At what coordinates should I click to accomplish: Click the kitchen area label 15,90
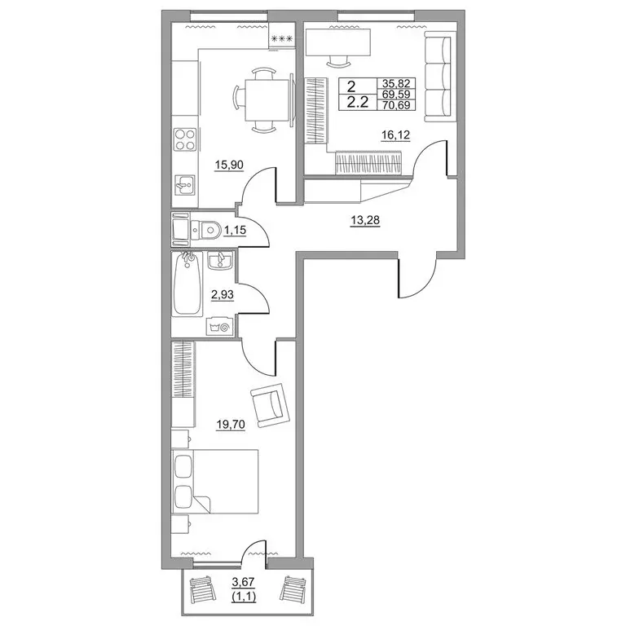click(x=229, y=165)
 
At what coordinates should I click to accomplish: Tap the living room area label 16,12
click(x=395, y=135)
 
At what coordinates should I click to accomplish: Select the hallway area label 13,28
click(x=365, y=220)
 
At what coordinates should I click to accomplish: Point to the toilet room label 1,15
click(x=235, y=230)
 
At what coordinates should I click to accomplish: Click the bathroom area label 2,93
click(x=223, y=295)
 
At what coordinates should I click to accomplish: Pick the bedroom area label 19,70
click(x=231, y=424)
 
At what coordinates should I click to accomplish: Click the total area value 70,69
click(x=396, y=105)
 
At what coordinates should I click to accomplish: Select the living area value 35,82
click(x=396, y=83)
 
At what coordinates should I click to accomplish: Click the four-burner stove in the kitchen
click(x=185, y=139)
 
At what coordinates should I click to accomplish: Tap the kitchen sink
click(x=185, y=184)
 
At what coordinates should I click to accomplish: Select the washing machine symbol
click(x=219, y=327)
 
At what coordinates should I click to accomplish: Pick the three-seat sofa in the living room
click(x=437, y=77)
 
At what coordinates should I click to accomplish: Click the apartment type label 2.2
click(x=357, y=103)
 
